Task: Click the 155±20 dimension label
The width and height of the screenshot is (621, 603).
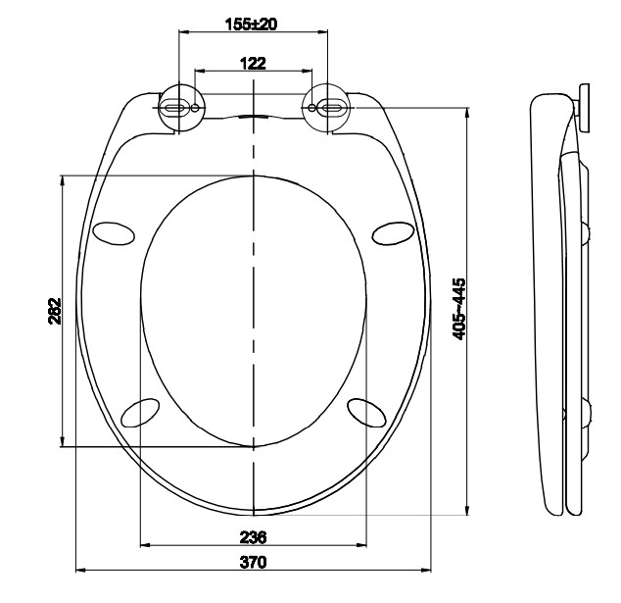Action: pos(252,24)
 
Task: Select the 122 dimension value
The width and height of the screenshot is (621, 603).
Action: pos(253,63)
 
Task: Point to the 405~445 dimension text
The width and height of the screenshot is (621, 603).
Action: pos(459,308)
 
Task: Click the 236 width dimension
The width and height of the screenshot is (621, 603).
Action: pos(253,536)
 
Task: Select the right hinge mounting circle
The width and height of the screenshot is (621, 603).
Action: pos(328,107)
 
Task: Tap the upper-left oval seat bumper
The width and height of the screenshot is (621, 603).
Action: pos(114,232)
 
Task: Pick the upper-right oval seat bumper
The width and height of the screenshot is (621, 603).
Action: pos(394,232)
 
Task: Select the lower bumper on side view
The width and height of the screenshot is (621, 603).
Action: pos(587,413)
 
